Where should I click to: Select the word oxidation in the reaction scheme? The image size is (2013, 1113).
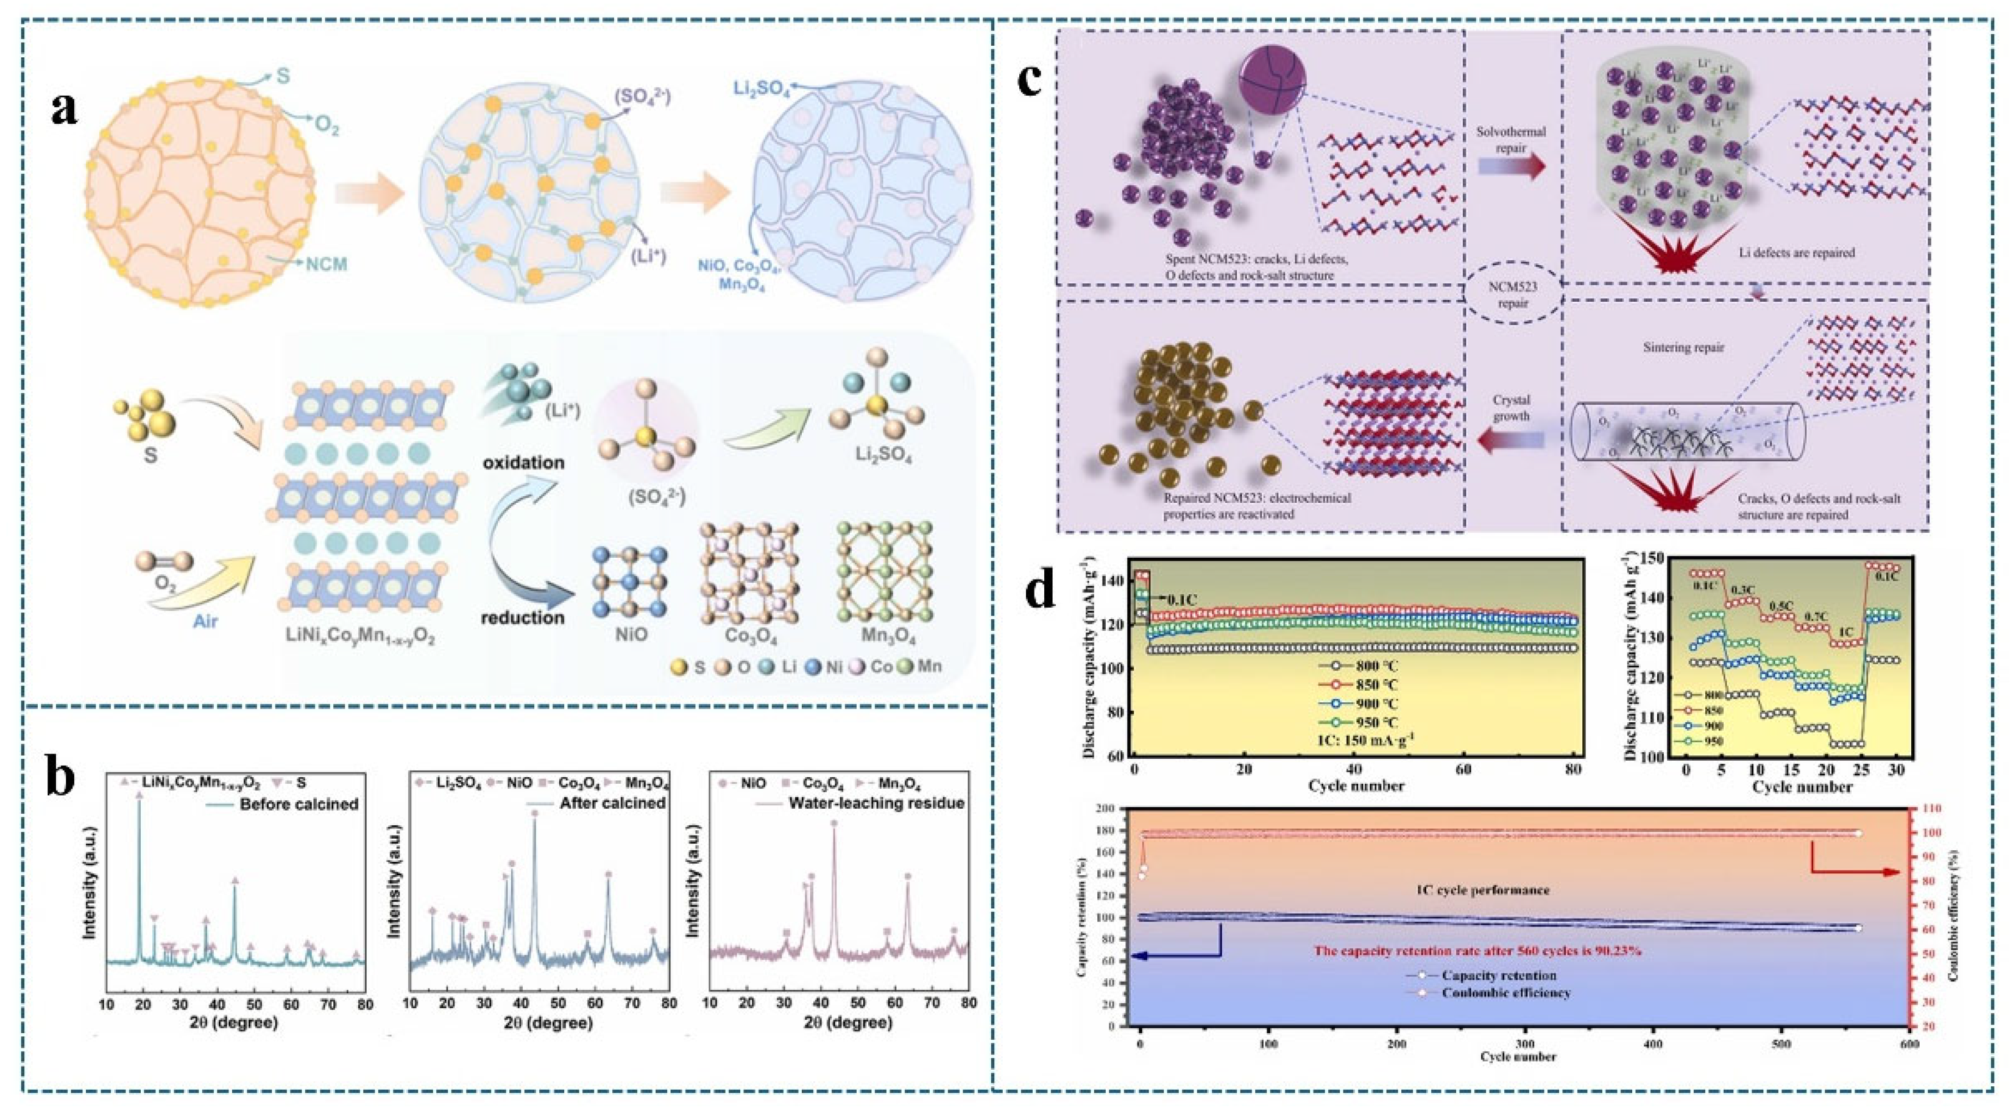(x=523, y=462)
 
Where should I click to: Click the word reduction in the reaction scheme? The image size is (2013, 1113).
(x=523, y=596)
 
